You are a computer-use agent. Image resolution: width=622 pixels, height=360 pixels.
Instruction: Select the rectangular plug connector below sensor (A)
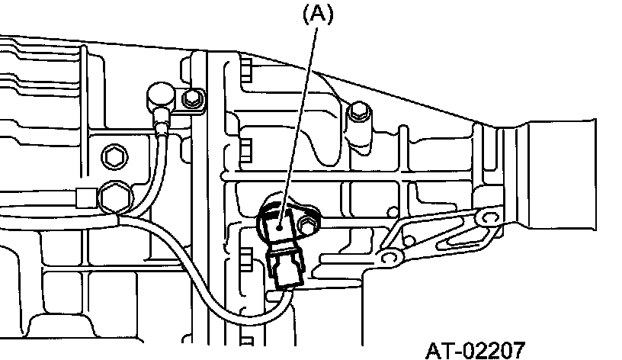[286, 270]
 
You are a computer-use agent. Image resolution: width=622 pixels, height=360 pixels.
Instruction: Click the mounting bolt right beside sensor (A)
[307, 225]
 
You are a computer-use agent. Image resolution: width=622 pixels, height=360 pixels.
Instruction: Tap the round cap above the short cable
[160, 95]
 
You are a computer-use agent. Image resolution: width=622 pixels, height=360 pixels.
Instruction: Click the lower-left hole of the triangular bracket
[387, 258]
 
